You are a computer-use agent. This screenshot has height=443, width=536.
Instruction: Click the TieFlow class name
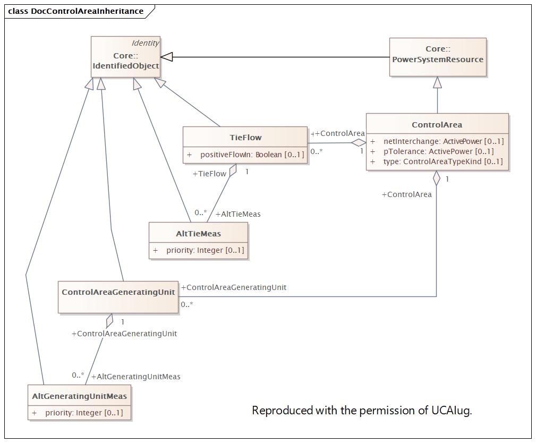(x=245, y=138)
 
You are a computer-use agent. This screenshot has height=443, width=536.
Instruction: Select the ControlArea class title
(x=437, y=125)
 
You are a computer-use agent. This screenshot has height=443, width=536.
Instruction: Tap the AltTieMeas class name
(x=198, y=234)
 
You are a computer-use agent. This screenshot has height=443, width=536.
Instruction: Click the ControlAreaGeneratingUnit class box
(x=118, y=297)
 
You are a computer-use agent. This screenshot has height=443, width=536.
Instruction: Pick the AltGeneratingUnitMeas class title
(x=79, y=396)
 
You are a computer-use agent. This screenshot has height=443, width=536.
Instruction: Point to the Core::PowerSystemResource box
(x=438, y=57)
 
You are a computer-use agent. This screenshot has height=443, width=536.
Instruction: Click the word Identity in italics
(x=145, y=43)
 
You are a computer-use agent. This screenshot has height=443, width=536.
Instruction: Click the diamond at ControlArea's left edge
(x=359, y=143)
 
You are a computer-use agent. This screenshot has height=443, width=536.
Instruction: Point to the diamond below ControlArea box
(x=437, y=178)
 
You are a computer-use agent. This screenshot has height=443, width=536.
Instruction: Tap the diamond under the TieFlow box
(x=233, y=170)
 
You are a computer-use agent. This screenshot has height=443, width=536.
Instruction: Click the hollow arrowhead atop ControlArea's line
(x=437, y=82)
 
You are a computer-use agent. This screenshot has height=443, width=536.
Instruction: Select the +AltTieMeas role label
(x=238, y=214)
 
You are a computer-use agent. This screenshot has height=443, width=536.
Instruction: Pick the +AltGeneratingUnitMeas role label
(x=135, y=377)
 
